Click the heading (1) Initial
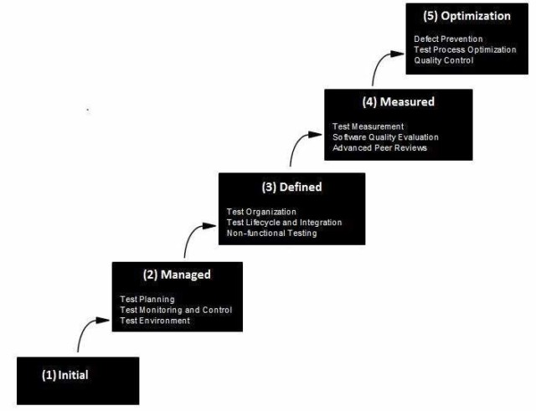(x=64, y=375)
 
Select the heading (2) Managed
(x=177, y=275)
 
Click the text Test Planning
(x=147, y=299)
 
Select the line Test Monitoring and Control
(x=176, y=310)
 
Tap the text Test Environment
(x=155, y=321)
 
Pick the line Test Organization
(x=261, y=212)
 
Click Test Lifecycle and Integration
(x=284, y=223)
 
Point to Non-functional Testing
(x=271, y=234)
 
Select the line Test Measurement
(x=368, y=126)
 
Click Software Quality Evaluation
(x=385, y=137)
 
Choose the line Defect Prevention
(x=449, y=39)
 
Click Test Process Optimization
(x=465, y=49)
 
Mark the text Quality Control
(x=444, y=60)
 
